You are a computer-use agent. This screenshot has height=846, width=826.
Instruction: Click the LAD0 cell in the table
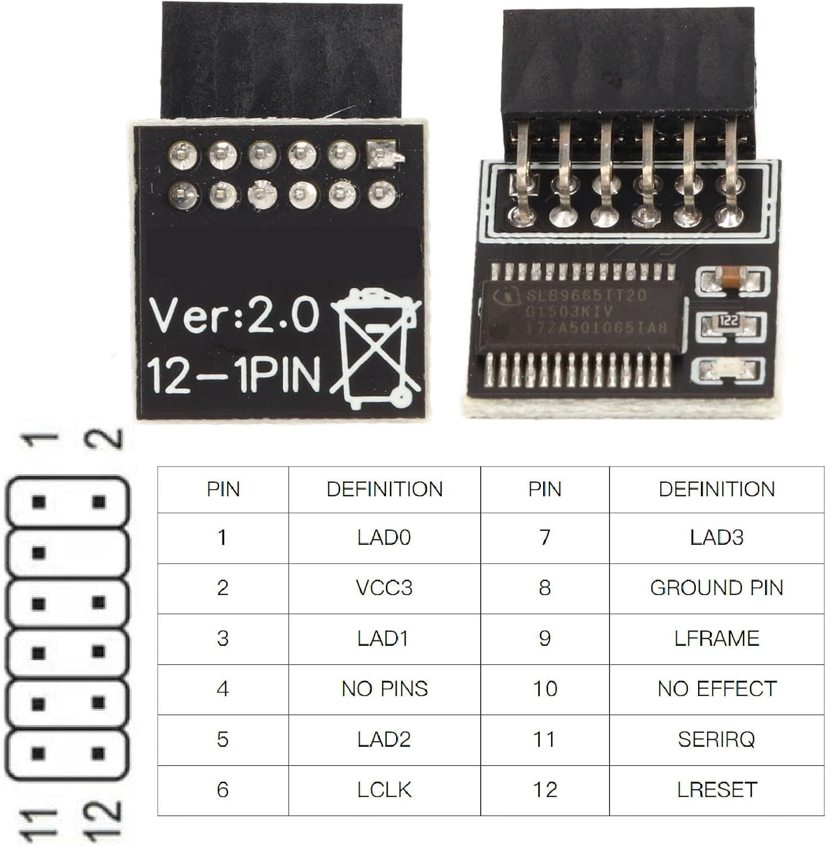384,537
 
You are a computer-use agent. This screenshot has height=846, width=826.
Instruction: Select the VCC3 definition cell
384,588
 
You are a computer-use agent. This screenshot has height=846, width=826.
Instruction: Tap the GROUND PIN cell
716,588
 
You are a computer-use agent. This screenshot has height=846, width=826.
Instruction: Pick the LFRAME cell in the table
716,638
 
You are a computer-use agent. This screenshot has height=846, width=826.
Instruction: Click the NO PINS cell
384,689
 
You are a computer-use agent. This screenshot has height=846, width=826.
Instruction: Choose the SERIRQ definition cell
716,739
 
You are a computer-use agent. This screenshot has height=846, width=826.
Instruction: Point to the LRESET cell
716,790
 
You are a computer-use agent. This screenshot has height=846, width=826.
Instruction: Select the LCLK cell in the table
384,790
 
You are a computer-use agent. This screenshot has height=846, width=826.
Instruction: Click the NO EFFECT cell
716,689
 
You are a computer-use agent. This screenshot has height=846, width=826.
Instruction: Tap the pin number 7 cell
544,537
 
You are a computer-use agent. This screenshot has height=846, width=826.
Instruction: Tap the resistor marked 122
729,322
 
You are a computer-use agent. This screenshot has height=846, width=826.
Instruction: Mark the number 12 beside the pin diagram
101,819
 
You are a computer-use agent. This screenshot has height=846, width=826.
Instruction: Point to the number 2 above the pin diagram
104,438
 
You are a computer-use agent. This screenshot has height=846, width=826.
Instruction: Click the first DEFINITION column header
384,489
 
